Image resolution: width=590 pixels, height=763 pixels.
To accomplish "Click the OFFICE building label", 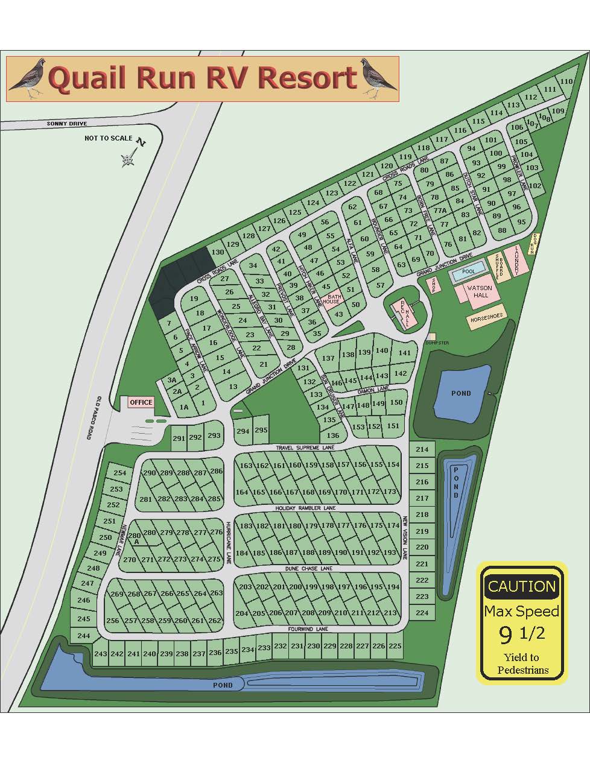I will point(141,402).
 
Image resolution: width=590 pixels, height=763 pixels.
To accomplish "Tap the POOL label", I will point(468,272).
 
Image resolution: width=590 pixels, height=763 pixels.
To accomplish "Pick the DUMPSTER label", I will point(437,343).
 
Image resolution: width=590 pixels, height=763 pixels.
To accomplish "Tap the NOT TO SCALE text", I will point(108,138).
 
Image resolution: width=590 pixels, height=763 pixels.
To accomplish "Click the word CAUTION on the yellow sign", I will point(521,586).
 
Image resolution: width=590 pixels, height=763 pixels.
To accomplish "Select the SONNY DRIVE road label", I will point(67,124).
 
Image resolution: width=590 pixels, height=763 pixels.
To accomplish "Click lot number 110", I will point(566,81).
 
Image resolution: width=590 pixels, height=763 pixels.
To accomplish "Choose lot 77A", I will point(440,211).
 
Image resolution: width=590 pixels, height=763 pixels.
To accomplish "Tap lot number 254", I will point(120,473).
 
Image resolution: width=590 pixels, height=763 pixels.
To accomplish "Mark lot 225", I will point(395,646).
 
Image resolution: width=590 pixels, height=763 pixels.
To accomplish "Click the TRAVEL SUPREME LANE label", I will point(305,448).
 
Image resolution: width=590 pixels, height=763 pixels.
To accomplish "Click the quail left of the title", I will point(28,78).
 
